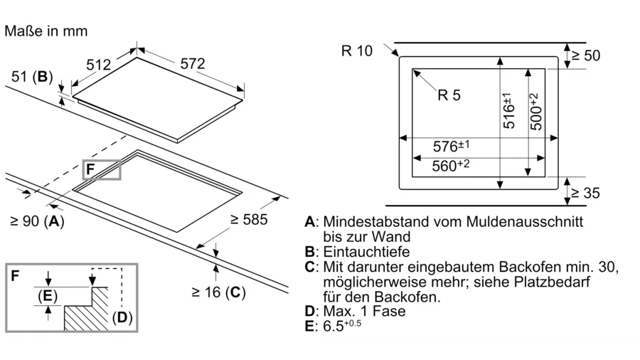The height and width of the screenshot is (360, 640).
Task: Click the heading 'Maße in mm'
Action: [46, 31]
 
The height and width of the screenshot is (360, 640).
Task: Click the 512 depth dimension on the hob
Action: [99, 65]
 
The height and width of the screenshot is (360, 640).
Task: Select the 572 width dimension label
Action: [192, 63]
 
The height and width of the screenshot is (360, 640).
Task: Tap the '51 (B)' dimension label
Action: [33, 77]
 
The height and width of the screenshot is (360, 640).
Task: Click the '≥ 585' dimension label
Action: [249, 220]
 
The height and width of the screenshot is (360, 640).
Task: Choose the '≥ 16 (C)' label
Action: [218, 292]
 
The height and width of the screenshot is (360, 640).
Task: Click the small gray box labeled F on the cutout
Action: [102, 169]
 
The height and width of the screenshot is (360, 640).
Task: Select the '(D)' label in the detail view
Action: [122, 317]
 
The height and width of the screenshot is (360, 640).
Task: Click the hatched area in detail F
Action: [85, 313]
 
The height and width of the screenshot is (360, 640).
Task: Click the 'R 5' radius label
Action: [449, 95]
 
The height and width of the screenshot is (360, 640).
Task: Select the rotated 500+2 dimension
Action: [534, 111]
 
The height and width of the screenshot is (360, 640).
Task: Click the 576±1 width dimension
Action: [452, 147]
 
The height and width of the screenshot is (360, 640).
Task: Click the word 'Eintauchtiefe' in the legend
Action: [367, 252]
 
